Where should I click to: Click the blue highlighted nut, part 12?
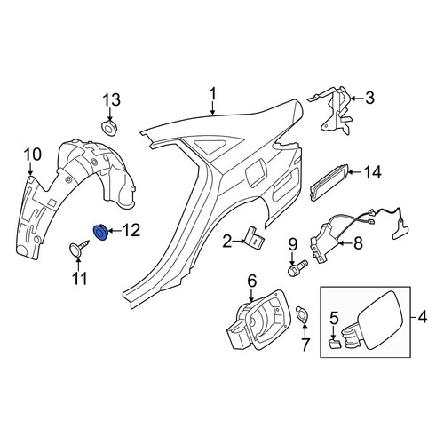point(100,233)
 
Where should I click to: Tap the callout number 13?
point(112,99)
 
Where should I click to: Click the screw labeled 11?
point(78,247)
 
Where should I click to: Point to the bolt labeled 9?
point(297,266)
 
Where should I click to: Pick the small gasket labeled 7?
point(302,316)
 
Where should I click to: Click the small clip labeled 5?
point(335,344)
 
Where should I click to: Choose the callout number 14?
point(372,172)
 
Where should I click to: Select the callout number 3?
point(369,98)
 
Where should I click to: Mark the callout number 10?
point(32,155)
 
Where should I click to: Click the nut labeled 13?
point(108,127)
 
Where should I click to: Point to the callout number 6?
point(251,281)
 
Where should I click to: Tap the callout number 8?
point(358,243)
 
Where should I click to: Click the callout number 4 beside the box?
point(423,317)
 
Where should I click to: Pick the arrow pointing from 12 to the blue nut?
point(115,231)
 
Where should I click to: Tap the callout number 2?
point(227,242)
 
